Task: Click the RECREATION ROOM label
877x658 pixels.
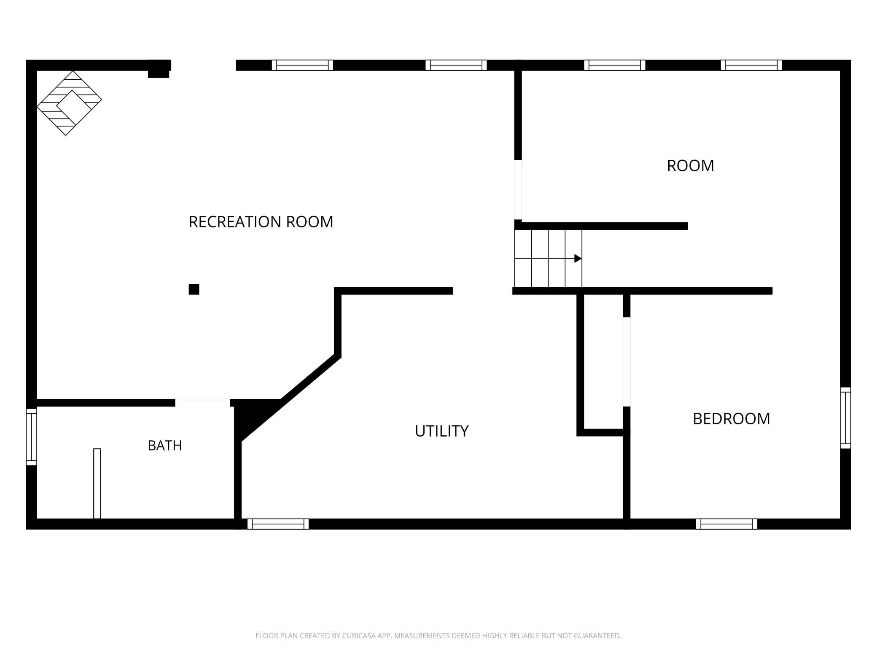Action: coord(261,222)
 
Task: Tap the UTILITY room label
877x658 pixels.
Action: coord(441,431)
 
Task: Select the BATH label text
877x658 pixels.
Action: coord(165,445)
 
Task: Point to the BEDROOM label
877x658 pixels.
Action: coord(731,419)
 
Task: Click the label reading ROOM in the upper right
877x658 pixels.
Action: coord(690,166)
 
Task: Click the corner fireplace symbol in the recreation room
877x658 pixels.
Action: coord(70,103)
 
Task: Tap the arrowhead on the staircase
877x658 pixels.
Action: coord(578,259)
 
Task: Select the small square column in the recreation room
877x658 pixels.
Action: coord(194,289)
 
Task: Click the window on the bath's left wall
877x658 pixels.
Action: coord(32,437)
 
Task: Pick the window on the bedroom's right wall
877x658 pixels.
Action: coord(845,418)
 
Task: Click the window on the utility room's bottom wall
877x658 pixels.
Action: coord(278,524)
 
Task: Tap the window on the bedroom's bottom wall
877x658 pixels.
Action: coord(726,524)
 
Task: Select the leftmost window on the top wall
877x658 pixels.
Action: coord(302,65)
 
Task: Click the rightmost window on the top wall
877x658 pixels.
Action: coord(751,65)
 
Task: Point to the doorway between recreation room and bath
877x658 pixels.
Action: coord(203,402)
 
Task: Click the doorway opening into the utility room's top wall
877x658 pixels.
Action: coord(482,291)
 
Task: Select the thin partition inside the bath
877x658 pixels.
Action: coord(97,483)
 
